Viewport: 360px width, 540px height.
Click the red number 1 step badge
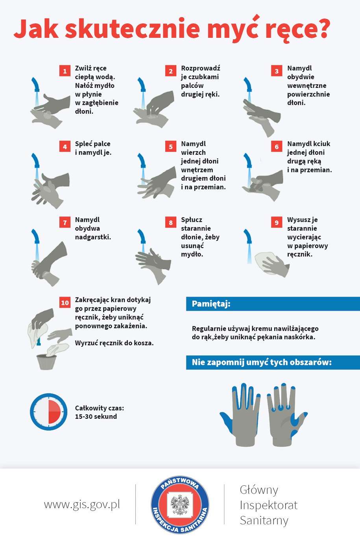coord(65,71)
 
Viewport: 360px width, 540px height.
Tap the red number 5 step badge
coord(171,147)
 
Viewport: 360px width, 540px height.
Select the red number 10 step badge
coord(65,303)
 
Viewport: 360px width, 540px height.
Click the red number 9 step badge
coord(277,223)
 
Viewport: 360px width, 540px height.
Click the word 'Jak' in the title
coord(36,29)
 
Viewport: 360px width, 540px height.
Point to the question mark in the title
coord(322,28)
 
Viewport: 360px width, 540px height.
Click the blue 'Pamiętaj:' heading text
coord(211,304)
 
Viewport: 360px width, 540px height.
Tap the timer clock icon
coord(49,412)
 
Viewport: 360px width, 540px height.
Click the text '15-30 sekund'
coord(96,416)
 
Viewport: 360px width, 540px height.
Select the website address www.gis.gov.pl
coord(82,505)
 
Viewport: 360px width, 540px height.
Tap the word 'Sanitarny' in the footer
coord(264,520)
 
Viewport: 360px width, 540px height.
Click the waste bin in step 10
coord(47,362)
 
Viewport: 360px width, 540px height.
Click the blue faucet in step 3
coord(247,85)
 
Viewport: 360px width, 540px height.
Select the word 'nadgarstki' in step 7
coord(92,237)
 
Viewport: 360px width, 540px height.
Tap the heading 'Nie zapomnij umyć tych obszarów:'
coord(262,362)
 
